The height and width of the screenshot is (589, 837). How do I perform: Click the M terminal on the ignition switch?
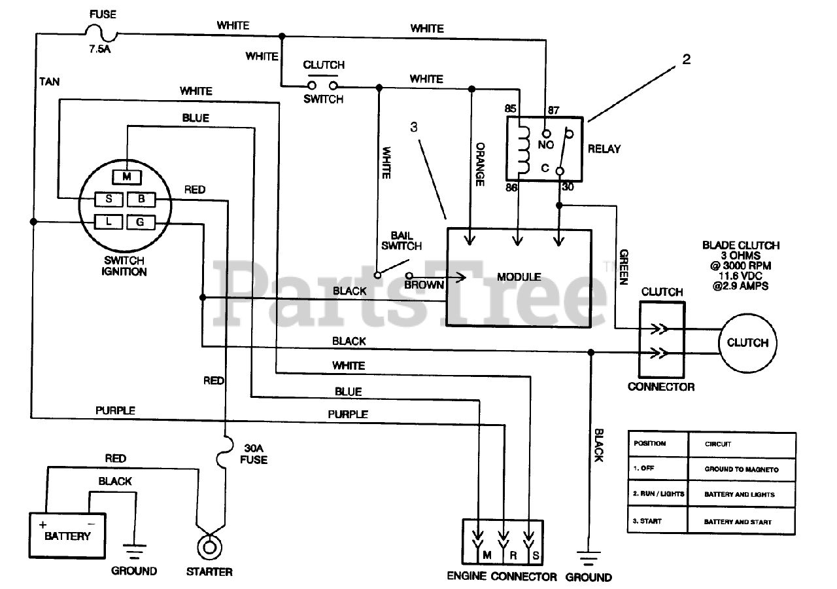(x=127, y=177)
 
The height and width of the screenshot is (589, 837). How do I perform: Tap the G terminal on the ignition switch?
(x=141, y=222)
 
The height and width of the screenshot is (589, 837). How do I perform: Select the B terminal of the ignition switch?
(x=141, y=199)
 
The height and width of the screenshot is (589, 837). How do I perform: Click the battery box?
(x=67, y=535)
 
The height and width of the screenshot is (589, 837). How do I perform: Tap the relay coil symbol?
(x=524, y=150)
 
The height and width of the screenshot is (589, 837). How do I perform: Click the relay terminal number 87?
(x=553, y=110)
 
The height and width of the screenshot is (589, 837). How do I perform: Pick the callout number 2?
(x=687, y=59)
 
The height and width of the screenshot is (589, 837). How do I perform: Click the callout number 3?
(x=413, y=127)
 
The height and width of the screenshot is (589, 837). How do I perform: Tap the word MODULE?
(x=519, y=277)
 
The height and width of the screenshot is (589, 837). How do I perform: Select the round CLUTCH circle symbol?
(x=747, y=343)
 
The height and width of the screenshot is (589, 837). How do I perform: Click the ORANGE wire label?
(x=480, y=164)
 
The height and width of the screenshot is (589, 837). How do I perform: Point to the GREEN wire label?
(x=624, y=267)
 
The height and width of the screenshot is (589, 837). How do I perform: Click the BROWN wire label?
(x=424, y=285)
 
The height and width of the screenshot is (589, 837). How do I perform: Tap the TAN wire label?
(x=49, y=82)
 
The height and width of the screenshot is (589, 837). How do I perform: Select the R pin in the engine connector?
(x=513, y=556)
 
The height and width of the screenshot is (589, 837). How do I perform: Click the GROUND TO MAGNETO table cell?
(x=742, y=469)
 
